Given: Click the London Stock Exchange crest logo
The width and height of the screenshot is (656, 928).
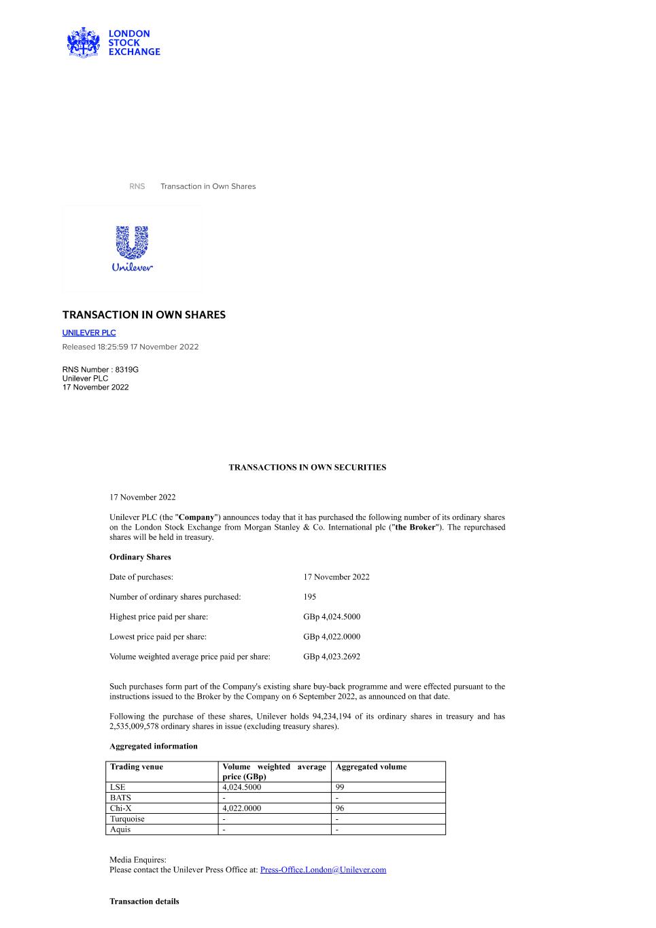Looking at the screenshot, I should coord(83,43).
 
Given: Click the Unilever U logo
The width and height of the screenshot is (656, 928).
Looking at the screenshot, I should coord(132,243).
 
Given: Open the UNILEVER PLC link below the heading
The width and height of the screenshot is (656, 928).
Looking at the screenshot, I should coord(89,332).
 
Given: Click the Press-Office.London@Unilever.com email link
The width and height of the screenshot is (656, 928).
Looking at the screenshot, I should coord(323,870).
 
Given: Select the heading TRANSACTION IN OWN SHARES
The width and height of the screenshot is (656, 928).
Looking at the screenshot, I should coord(144,315).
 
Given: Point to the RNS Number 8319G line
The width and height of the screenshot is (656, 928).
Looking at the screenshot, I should coord(101,369).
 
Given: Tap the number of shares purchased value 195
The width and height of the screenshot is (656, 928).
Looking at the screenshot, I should coord(310,597).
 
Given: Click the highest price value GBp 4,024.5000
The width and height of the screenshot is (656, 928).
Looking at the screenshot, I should coord(332,617).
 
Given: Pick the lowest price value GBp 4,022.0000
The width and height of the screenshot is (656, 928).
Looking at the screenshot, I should coord(332,637).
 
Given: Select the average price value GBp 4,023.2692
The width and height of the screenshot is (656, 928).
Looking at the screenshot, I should coord(332,657).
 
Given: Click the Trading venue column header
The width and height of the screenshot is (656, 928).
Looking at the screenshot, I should coord(137,767).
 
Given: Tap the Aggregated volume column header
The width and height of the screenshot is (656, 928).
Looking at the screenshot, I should coord(371,767).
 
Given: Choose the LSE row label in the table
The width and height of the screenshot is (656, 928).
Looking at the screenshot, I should coord(118,787).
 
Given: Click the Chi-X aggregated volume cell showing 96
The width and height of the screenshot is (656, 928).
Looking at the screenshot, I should coord(340,808).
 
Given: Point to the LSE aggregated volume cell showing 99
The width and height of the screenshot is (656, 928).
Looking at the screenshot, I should coord(340,787).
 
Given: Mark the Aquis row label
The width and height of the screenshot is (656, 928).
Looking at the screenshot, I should coord(120,829).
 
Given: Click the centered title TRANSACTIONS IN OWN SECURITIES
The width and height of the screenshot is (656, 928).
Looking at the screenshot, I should coord(307,468).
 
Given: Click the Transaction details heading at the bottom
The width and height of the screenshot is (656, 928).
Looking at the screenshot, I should coord(144,901).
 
